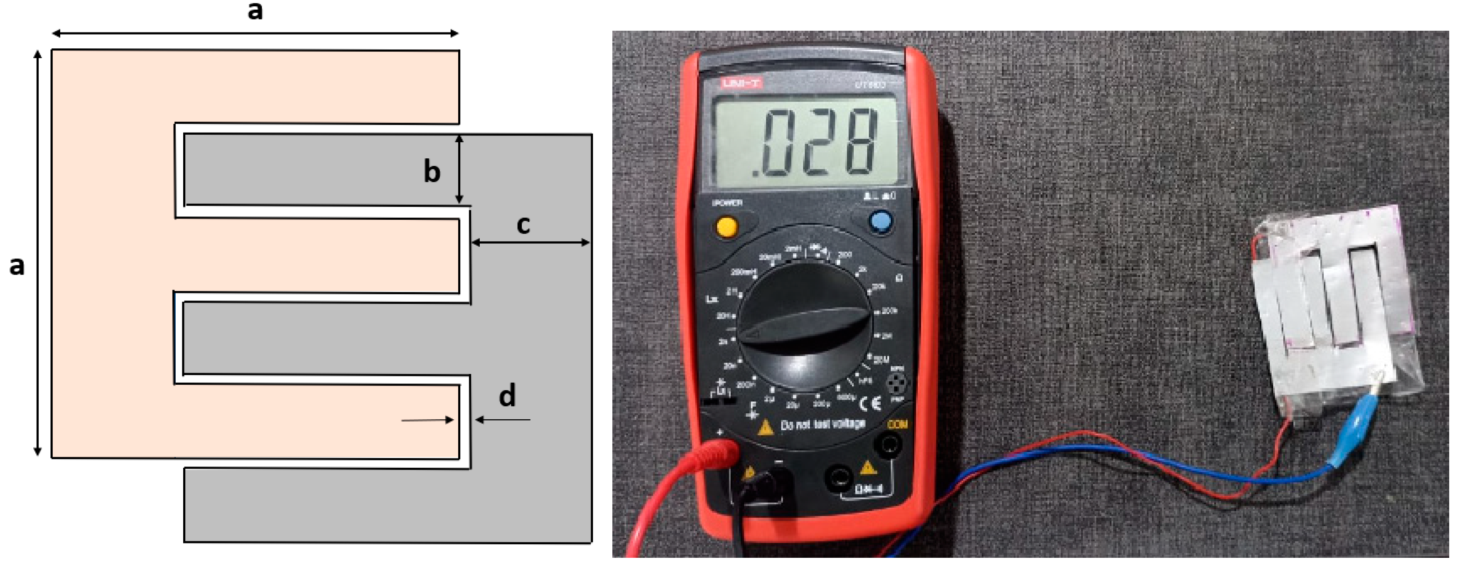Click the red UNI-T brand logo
[x=741, y=83]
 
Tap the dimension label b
[x=432, y=172]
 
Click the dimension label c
[x=523, y=225]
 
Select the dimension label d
[x=507, y=395]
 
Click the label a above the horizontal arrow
[x=255, y=10]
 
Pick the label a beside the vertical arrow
[x=17, y=266]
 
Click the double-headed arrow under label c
[x=530, y=243]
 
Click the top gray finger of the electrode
[x=321, y=170]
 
